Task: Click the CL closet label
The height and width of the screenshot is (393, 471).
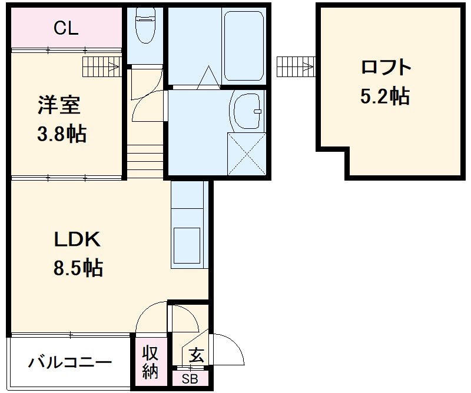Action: pyautogui.click(x=66, y=28)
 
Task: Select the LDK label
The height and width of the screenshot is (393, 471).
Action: pyautogui.click(x=78, y=239)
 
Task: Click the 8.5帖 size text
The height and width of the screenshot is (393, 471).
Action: pyautogui.click(x=78, y=268)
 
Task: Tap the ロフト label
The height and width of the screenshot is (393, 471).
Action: pyautogui.click(x=386, y=68)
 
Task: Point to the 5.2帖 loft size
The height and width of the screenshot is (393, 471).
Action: pyautogui.click(x=386, y=95)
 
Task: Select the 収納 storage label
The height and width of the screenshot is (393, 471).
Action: pyautogui.click(x=150, y=362)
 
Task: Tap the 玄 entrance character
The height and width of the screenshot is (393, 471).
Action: pyautogui.click(x=196, y=355)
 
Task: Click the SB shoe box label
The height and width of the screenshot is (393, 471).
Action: pyautogui.click(x=190, y=379)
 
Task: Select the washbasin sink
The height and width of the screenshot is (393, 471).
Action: pyautogui.click(x=247, y=112)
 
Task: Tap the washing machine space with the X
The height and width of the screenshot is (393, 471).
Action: pyautogui.click(x=247, y=154)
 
